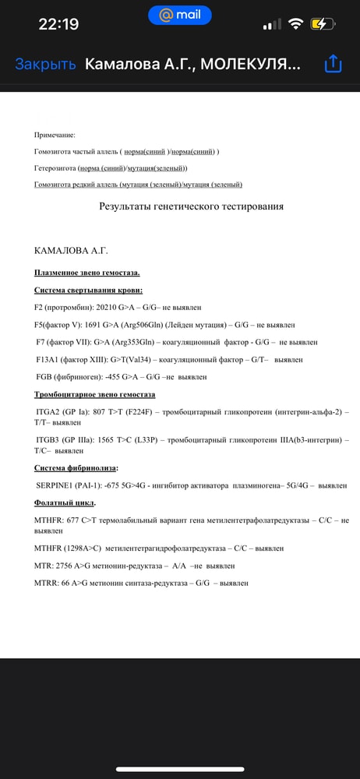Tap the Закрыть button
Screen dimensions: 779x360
click(x=45, y=65)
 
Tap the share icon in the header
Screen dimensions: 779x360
click(x=333, y=64)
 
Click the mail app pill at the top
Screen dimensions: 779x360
click(x=179, y=15)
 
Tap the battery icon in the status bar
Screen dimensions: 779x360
click(x=322, y=24)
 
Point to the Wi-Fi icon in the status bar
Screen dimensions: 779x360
click(x=295, y=24)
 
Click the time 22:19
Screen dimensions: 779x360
click(x=58, y=24)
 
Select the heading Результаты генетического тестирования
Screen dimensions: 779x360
click(x=191, y=206)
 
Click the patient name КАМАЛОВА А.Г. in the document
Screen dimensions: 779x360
click(x=71, y=251)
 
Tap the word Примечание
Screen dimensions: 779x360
click(x=55, y=135)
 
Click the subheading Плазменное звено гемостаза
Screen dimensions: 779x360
click(x=87, y=273)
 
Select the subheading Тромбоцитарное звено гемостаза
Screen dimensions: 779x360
click(x=94, y=394)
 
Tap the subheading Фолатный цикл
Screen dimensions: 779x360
click(x=65, y=502)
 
